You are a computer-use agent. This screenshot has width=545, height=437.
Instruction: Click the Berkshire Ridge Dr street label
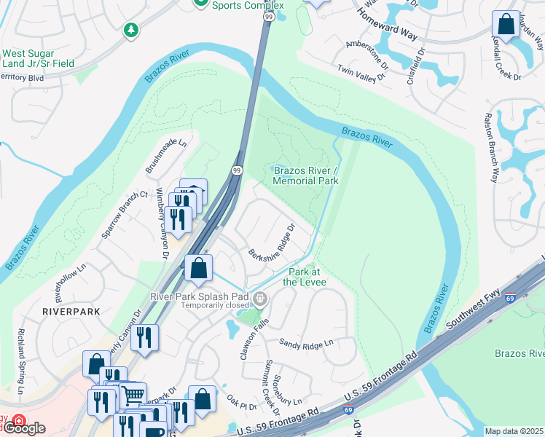point(270,245)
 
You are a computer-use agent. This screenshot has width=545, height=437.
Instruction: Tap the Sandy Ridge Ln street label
point(306,342)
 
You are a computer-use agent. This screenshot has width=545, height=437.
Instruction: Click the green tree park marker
point(130,30)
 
